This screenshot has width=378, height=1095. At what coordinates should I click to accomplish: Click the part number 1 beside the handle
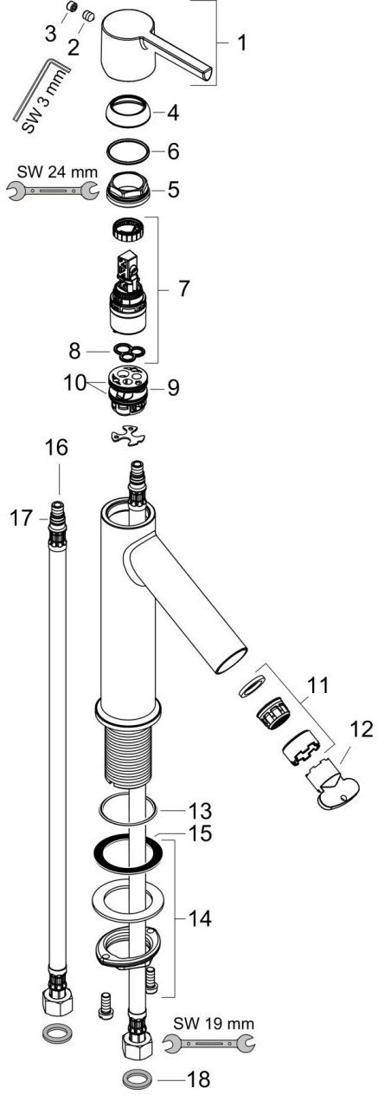click(x=241, y=43)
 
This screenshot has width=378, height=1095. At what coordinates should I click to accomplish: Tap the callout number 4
click(x=173, y=113)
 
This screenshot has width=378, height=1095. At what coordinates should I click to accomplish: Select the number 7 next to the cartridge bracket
click(x=183, y=288)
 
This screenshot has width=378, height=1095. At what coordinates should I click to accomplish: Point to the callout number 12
click(x=362, y=729)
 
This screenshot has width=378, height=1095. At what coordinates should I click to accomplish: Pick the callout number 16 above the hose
click(x=56, y=448)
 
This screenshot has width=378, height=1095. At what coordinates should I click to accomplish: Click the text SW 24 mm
click(x=58, y=172)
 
